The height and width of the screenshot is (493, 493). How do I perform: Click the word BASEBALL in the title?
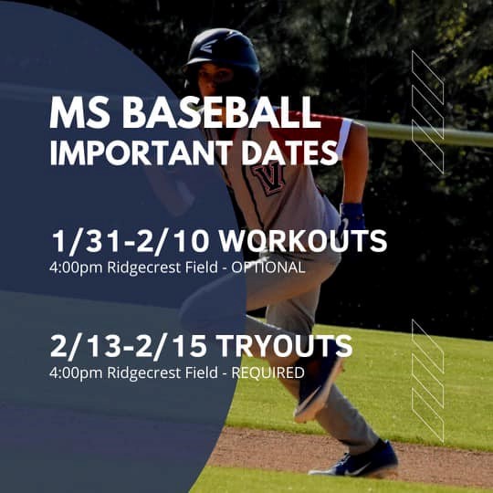(221, 112)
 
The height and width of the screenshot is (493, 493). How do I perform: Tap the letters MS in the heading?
(79, 112)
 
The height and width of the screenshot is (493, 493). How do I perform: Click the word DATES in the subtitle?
(289, 153)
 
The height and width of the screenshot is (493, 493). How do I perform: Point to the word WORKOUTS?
(303, 241)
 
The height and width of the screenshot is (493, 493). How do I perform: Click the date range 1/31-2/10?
(131, 241)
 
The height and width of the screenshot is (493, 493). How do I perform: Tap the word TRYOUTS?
(284, 346)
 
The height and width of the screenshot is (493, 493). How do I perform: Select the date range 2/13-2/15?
(129, 347)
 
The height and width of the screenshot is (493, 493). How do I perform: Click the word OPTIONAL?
(268, 267)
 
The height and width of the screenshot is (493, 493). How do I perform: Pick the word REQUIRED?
(267, 372)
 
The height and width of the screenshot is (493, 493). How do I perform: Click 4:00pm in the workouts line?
(76, 268)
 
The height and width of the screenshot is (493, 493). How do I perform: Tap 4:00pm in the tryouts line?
(76, 373)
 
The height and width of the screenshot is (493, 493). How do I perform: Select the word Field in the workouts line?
(201, 267)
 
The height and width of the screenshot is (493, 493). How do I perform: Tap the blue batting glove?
(352, 217)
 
